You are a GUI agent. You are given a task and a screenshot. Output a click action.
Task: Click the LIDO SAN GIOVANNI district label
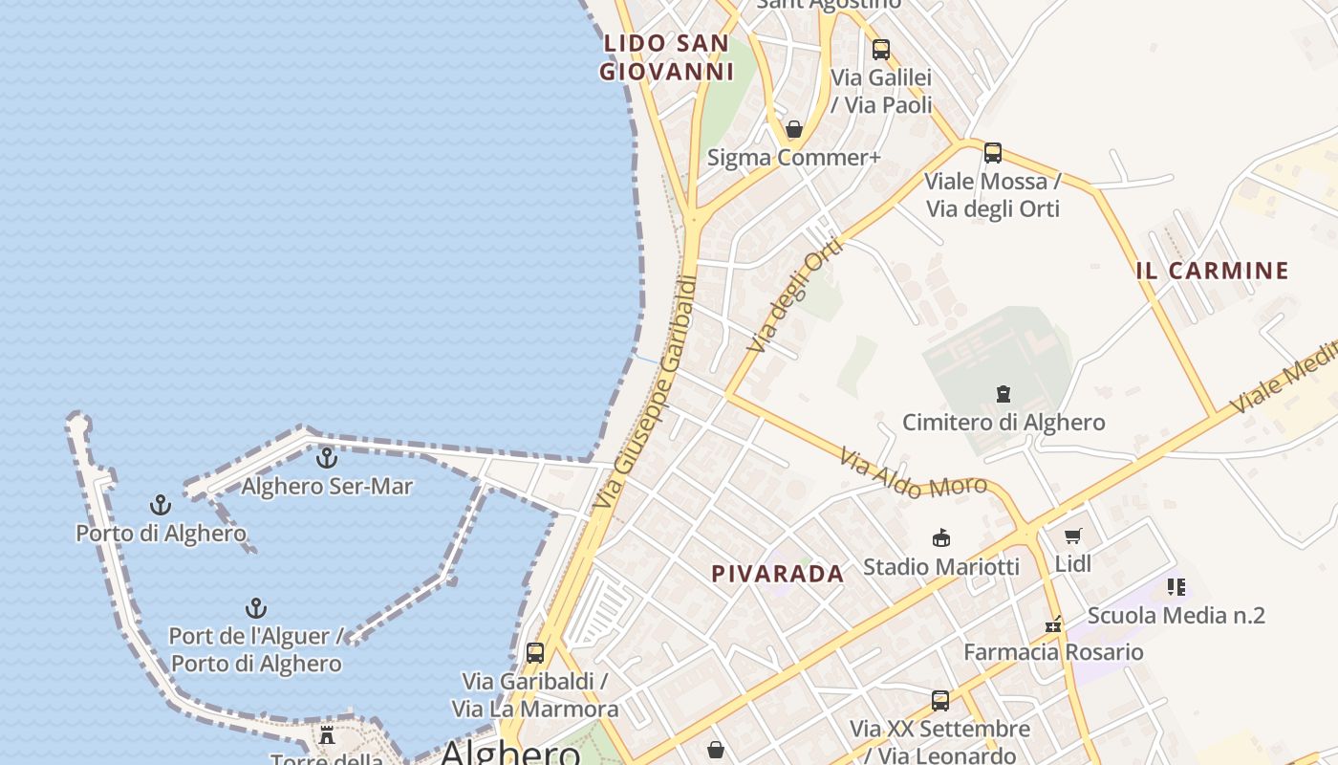click(666, 57)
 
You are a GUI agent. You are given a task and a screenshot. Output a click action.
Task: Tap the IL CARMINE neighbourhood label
click(1212, 271)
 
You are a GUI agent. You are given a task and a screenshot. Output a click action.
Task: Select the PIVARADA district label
click(778, 574)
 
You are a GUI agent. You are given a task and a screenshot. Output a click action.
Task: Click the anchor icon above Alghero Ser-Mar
click(327, 458)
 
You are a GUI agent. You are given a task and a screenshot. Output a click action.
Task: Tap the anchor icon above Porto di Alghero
click(161, 505)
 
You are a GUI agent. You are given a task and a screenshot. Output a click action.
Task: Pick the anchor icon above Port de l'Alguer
click(255, 608)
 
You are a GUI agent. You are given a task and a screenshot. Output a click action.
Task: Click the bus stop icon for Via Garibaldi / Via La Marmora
click(535, 653)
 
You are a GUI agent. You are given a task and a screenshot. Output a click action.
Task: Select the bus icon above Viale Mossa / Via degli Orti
click(993, 153)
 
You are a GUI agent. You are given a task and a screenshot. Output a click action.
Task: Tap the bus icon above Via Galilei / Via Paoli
click(881, 49)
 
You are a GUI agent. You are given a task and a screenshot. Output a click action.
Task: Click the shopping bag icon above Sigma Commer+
click(793, 129)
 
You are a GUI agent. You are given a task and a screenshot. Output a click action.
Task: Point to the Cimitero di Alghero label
click(1003, 422)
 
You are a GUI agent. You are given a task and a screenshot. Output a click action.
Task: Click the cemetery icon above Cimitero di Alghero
click(1003, 393)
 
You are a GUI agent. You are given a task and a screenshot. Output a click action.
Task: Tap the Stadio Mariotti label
click(941, 566)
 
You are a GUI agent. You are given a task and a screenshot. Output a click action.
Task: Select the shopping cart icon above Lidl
click(1072, 536)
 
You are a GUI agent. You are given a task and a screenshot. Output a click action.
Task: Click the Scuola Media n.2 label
click(1176, 615)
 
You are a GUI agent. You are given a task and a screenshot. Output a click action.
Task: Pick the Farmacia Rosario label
click(1053, 652)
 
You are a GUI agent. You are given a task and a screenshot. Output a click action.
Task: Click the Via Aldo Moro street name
click(913, 473)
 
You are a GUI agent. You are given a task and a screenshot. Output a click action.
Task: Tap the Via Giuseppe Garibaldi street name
click(646, 392)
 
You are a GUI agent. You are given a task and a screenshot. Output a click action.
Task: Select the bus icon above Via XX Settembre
click(940, 700)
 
